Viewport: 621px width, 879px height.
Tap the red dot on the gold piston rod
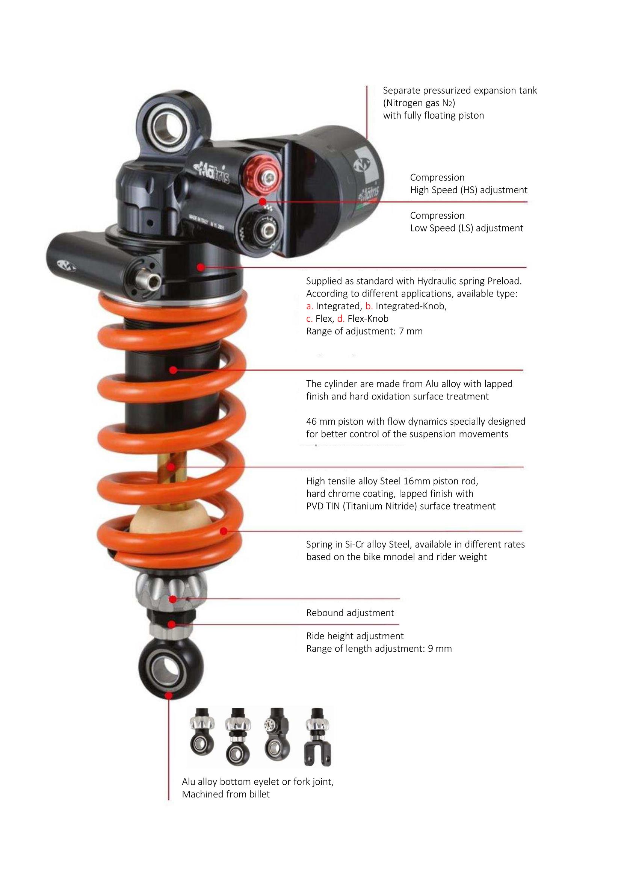point(171,467)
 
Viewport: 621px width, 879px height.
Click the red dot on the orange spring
point(224,531)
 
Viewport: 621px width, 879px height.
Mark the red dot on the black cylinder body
point(173,370)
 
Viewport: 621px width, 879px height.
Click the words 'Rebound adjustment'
point(350,613)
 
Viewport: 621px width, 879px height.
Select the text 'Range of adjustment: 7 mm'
point(364,331)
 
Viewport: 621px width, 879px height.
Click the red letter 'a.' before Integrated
point(310,306)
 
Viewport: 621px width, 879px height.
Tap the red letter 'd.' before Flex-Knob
point(341,319)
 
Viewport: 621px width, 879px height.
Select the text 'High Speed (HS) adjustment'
point(469,190)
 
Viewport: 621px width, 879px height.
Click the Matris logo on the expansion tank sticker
point(360,164)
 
